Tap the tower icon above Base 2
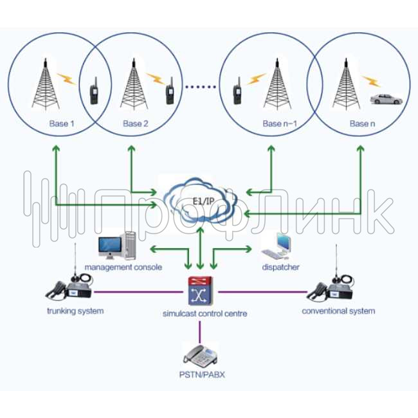click(x=134, y=86)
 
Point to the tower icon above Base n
click(x=343, y=86)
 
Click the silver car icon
click(x=386, y=100)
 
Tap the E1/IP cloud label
click(x=201, y=201)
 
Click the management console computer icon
click(x=118, y=245)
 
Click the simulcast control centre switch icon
click(x=200, y=291)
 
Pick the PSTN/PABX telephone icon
click(x=200, y=354)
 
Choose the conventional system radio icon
click(x=330, y=287)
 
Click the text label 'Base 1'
click(x=62, y=124)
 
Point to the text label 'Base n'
click(x=362, y=124)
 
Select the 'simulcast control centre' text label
click(x=204, y=314)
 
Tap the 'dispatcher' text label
click(x=281, y=266)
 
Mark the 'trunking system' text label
click(x=75, y=311)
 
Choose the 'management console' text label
click(x=123, y=266)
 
